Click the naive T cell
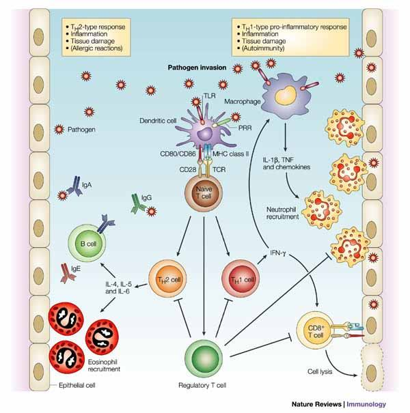click(204, 193)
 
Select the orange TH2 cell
click(167, 279)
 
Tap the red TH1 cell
click(241, 279)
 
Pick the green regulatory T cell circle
click(204, 359)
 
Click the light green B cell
click(87, 243)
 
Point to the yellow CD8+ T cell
click(315, 330)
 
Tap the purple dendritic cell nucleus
click(206, 134)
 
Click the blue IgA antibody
click(75, 186)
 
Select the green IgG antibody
click(138, 203)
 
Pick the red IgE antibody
click(68, 273)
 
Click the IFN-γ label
click(278, 253)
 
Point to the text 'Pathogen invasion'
click(197, 68)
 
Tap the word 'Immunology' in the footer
click(366, 404)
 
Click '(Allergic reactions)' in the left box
click(96, 48)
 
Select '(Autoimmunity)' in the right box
click(263, 48)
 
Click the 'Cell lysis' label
click(320, 371)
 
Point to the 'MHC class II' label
click(230, 154)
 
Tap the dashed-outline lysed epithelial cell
click(372, 367)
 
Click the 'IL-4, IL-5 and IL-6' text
click(118, 287)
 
